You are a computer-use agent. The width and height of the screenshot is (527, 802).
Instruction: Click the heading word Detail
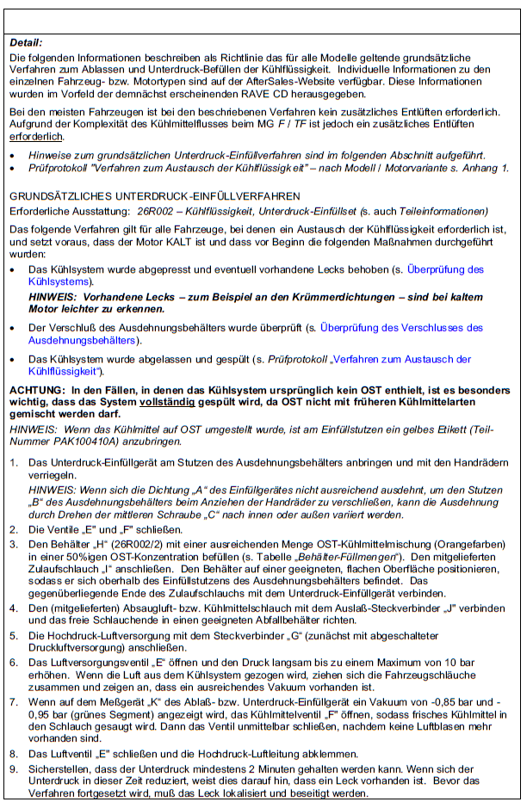click(25, 42)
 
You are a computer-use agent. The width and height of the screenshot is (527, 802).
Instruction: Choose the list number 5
click(13, 635)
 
